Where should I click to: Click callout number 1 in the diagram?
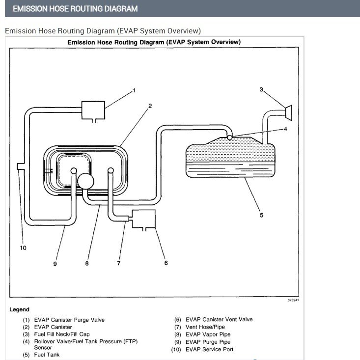134,90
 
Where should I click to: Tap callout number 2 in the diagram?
150,106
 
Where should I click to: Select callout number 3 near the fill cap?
261,89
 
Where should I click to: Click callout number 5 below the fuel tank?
261,215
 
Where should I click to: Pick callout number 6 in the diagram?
166,263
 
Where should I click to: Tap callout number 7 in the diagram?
118,263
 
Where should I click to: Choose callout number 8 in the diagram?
87,263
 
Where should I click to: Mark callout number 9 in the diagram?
55,264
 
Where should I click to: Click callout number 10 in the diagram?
23,248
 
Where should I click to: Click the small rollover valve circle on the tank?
230,138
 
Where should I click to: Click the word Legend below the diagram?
19,309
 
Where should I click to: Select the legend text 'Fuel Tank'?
47,355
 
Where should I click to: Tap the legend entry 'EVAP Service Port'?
209,349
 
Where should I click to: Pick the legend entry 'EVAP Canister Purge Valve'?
69,320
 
